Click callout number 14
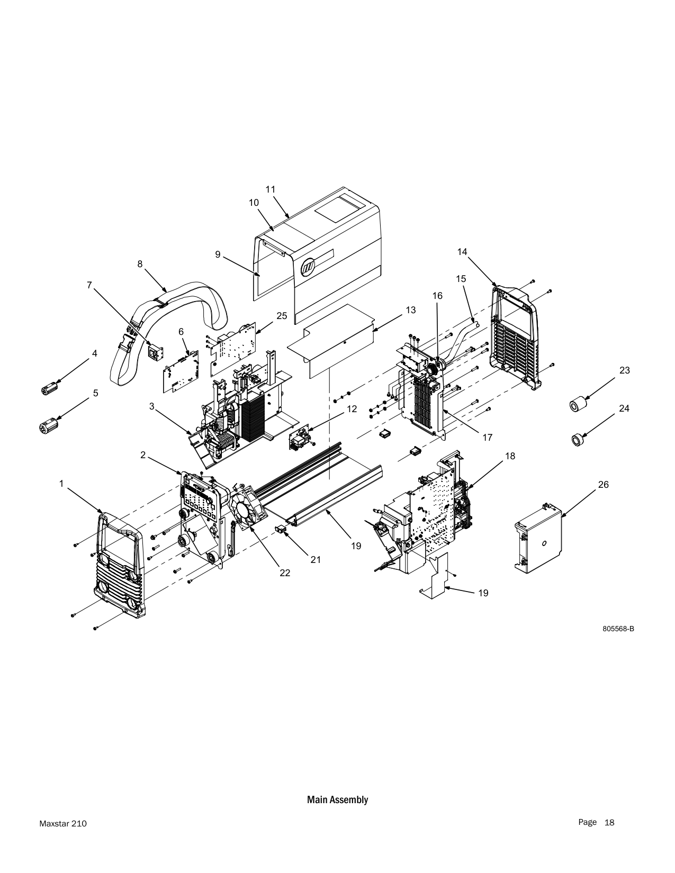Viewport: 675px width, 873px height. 462,251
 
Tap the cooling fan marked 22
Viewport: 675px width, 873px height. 247,507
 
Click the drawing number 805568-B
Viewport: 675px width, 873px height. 618,629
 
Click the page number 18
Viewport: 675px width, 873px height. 609,822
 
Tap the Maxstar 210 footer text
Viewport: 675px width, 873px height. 63,824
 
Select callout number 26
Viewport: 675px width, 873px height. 604,485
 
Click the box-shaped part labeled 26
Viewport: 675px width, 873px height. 538,538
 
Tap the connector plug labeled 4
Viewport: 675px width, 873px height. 50,388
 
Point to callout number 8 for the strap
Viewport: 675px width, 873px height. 140,264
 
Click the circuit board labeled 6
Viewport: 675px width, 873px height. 181,371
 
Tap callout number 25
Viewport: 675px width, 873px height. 282,316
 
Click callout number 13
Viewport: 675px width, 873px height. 410,310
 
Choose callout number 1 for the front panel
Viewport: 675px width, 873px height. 61,484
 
